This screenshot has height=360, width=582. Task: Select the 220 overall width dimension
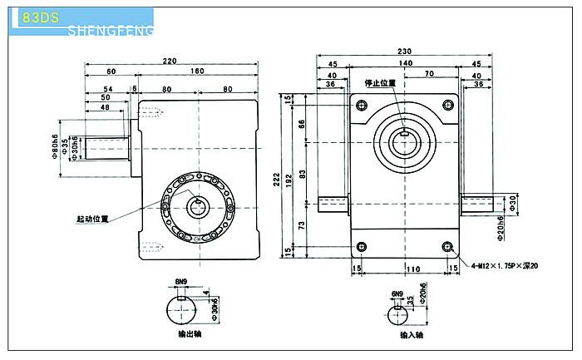tap(170, 61)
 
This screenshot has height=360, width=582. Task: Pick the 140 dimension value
tap(405, 63)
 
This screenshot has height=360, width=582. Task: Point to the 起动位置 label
tap(93, 219)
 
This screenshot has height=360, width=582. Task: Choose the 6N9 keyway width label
tap(397, 293)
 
